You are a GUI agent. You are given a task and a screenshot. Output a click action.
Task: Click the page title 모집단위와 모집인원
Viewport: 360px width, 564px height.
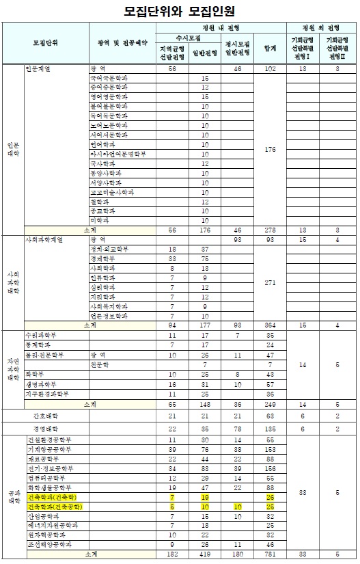click(x=180, y=11)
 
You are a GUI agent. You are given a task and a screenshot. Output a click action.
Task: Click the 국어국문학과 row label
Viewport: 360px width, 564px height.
click(x=109, y=79)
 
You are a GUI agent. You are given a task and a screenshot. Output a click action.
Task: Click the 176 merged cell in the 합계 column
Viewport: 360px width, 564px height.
click(x=269, y=150)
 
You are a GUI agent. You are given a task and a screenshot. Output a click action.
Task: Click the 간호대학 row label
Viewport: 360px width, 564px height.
click(x=46, y=416)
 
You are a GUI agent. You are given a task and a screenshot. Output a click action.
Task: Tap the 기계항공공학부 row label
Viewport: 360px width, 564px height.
click(x=51, y=449)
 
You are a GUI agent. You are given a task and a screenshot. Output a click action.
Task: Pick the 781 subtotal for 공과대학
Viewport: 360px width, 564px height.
click(x=269, y=554)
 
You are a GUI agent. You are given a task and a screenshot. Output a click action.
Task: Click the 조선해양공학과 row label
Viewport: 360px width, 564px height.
click(x=51, y=544)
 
